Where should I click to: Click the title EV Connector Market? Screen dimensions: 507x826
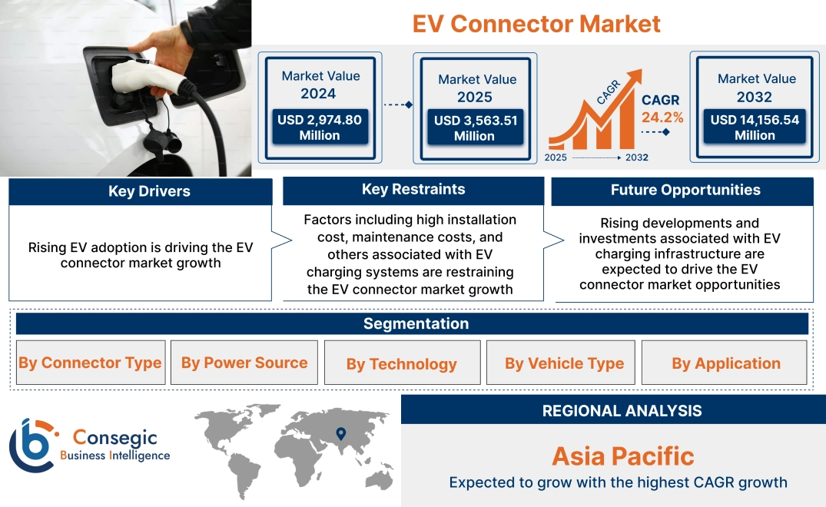(536, 23)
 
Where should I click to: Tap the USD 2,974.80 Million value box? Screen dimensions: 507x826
(319, 128)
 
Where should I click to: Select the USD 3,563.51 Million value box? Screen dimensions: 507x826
(475, 128)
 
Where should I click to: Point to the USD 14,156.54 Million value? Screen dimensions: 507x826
(755, 128)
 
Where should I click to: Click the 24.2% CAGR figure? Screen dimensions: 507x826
(662, 118)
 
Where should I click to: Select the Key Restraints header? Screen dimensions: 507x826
(413, 190)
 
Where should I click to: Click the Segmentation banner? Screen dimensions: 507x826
(415, 323)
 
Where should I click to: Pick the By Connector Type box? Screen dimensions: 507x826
(90, 363)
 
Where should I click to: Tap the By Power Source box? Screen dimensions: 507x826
(244, 363)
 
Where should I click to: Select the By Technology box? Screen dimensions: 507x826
(402, 363)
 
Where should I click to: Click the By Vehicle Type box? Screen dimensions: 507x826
(564, 363)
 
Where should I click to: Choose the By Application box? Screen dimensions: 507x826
(725, 363)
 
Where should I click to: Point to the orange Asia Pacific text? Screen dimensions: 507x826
(622, 456)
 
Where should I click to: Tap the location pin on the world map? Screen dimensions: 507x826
(341, 434)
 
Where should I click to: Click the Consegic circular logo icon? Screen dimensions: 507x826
(32, 446)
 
